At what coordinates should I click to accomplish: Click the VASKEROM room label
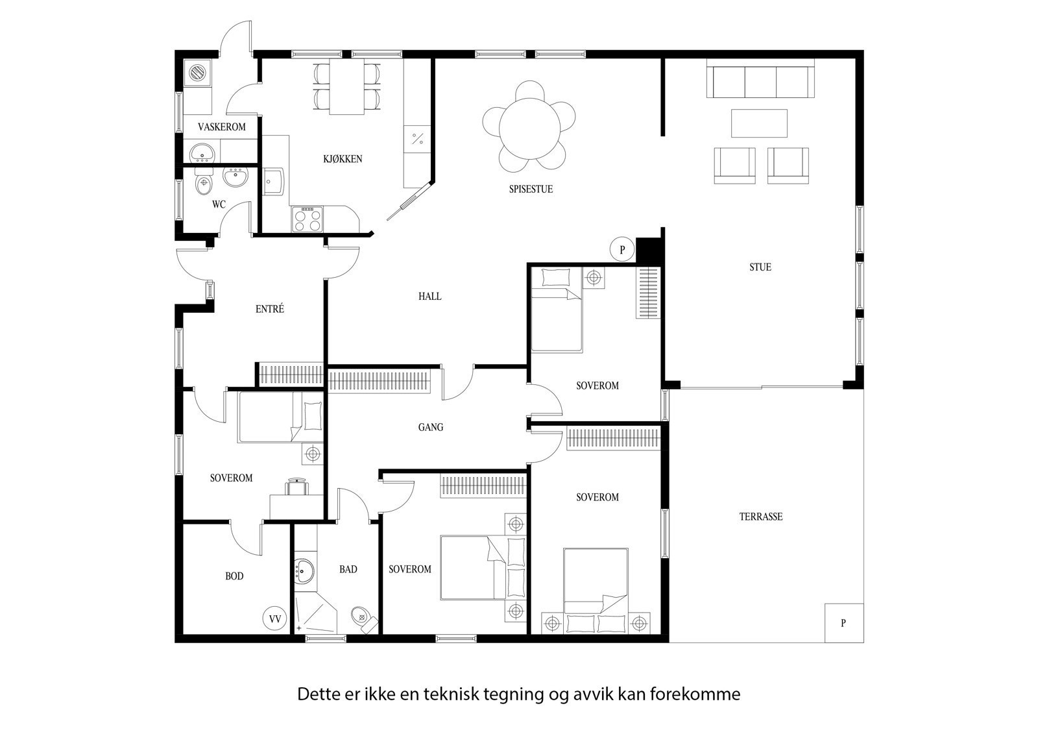coord(222,127)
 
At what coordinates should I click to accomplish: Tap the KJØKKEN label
coord(343,159)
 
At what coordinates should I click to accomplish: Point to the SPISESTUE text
coord(531,190)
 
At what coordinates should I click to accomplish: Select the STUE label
coord(760,267)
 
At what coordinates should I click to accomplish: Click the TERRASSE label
coord(761,517)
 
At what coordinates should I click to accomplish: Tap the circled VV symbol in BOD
coord(275,619)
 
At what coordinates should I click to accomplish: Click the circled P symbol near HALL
coord(622,249)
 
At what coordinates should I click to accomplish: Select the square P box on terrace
coord(843,623)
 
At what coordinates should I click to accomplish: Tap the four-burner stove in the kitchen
coord(308,219)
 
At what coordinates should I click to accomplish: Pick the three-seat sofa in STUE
coord(760,81)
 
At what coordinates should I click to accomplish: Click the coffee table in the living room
coord(759,123)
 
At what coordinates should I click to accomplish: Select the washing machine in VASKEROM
coord(197,73)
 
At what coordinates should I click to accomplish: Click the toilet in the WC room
coord(204,184)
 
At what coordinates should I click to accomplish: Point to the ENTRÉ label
coord(270,310)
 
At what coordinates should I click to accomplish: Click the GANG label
coord(431,427)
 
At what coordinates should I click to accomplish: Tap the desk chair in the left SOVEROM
coord(297,487)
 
